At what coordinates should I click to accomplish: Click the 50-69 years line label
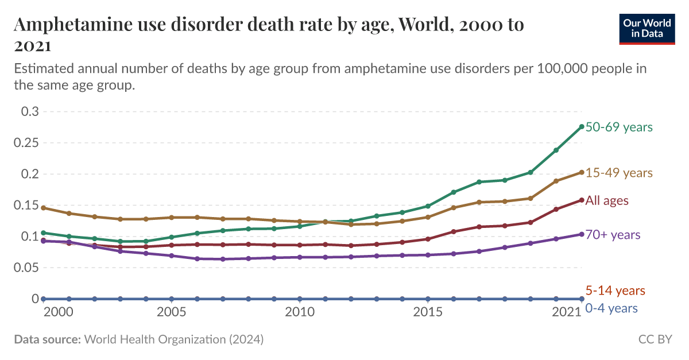[x=619, y=127]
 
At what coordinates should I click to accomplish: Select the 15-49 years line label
[x=619, y=173]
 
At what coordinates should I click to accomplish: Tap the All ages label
[x=607, y=201]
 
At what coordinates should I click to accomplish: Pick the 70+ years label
[x=613, y=235]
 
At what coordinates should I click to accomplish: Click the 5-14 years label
[x=615, y=291]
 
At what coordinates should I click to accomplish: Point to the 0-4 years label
[x=611, y=308]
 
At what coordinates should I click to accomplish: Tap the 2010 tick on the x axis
[x=299, y=312]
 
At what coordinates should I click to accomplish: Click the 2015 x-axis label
[x=428, y=312]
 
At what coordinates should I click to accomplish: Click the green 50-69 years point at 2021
[x=582, y=127]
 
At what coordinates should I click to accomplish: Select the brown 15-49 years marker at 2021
[x=582, y=172]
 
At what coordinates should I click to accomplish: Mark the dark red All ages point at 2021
[x=582, y=200]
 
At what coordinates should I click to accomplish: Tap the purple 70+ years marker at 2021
[x=582, y=234]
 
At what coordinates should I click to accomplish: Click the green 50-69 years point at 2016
[x=454, y=192]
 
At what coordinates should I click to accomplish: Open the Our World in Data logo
[x=647, y=28]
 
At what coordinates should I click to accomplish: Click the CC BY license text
[x=655, y=339]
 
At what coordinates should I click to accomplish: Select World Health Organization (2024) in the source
[x=174, y=339]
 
